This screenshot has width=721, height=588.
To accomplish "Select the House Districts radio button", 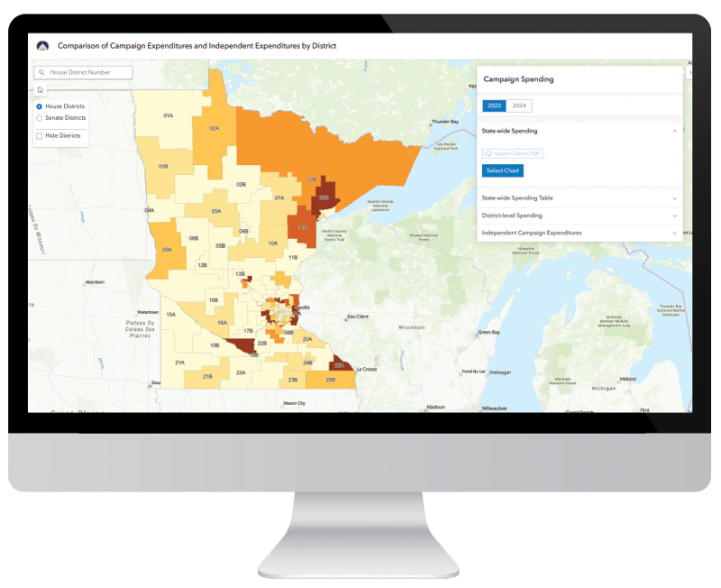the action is (40, 106).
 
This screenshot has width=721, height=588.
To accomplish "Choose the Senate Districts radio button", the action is (40, 118).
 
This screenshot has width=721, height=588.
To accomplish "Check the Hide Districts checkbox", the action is (40, 136).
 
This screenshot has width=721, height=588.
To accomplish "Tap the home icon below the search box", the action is (41, 89).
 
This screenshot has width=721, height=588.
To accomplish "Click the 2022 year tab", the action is (495, 106).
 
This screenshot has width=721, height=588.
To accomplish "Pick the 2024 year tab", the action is (519, 106).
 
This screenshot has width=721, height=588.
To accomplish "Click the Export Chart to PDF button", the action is (514, 154).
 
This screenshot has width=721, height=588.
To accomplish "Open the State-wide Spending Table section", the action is (578, 198).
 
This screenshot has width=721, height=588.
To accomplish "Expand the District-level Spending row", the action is (578, 216).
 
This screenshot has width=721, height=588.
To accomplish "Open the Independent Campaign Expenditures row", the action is (578, 233).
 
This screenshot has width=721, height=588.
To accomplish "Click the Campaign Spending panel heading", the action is (518, 79).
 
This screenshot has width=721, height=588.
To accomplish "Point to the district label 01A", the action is (168, 116).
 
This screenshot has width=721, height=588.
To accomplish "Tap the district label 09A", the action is (167, 250).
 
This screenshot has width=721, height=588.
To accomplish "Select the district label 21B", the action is (207, 376).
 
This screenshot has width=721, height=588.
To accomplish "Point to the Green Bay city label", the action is (488, 333).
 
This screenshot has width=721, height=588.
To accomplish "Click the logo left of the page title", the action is (42, 45).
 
